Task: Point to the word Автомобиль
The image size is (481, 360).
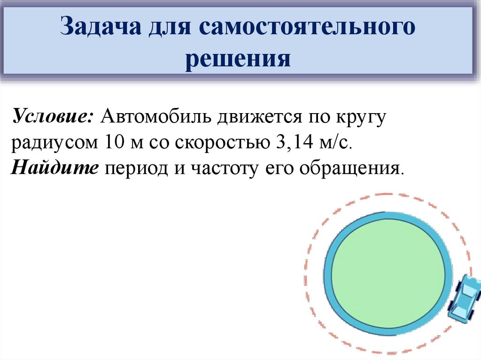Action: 155,116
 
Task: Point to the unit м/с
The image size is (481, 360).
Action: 335,142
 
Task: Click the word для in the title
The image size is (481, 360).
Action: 169,28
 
